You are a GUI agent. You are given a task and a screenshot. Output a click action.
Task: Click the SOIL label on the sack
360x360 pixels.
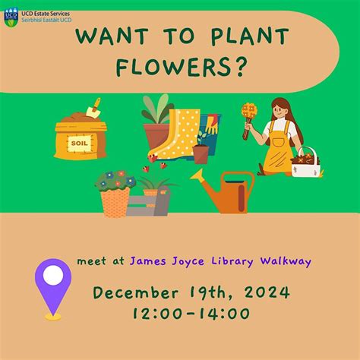coord(79,142)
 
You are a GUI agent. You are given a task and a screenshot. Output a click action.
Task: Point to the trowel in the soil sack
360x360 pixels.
coord(93,109)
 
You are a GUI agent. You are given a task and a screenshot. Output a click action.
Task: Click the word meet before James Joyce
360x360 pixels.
coord(90,262)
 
